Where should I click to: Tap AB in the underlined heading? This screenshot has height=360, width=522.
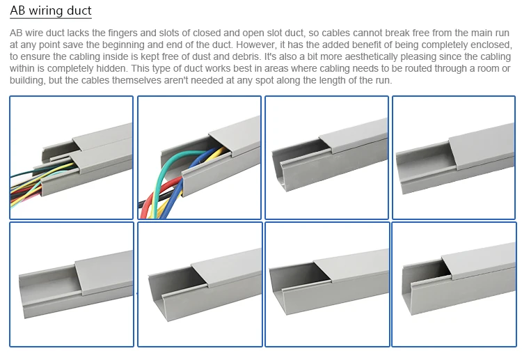coord(17,12)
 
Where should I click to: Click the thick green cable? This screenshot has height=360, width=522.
coord(167,174)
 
